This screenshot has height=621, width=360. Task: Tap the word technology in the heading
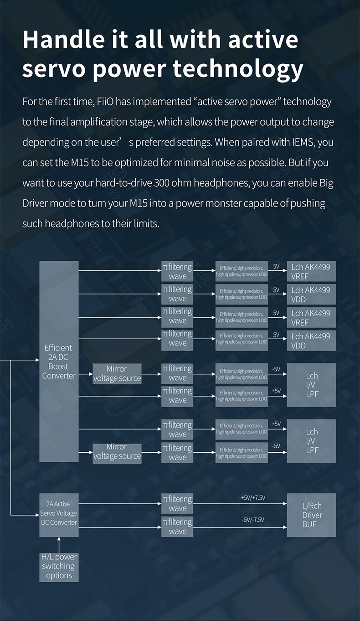238,69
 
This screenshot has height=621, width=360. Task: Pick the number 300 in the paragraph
163,182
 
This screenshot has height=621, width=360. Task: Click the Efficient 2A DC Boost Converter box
59,361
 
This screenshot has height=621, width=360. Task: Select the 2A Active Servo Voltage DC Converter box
59,513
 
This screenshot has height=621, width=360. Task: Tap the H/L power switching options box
59,566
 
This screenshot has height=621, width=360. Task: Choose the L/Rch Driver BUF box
312,515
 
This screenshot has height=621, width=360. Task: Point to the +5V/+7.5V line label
253,497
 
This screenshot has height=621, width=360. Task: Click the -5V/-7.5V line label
253,520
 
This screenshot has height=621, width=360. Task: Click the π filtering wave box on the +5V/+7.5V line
177,504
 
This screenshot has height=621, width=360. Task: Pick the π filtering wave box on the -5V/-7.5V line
177,527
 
